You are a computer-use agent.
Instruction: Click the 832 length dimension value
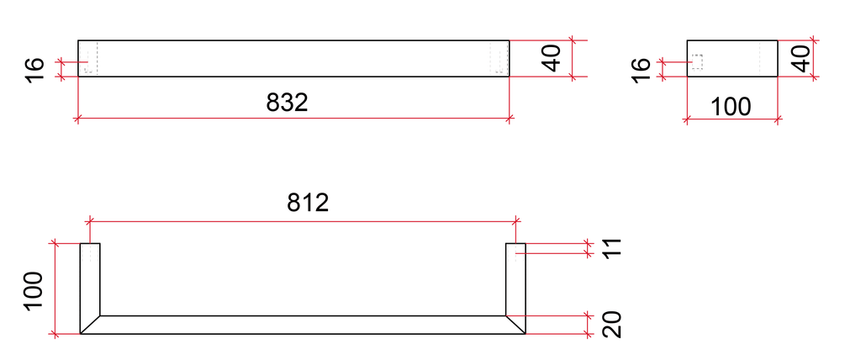(287, 103)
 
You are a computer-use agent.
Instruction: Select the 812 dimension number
(308, 203)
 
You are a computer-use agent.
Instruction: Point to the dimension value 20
(612, 325)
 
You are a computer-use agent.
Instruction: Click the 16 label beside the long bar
(34, 71)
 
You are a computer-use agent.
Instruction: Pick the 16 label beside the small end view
(641, 71)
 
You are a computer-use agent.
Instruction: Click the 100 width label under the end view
(731, 107)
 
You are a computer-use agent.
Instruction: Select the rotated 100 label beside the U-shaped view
(34, 290)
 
